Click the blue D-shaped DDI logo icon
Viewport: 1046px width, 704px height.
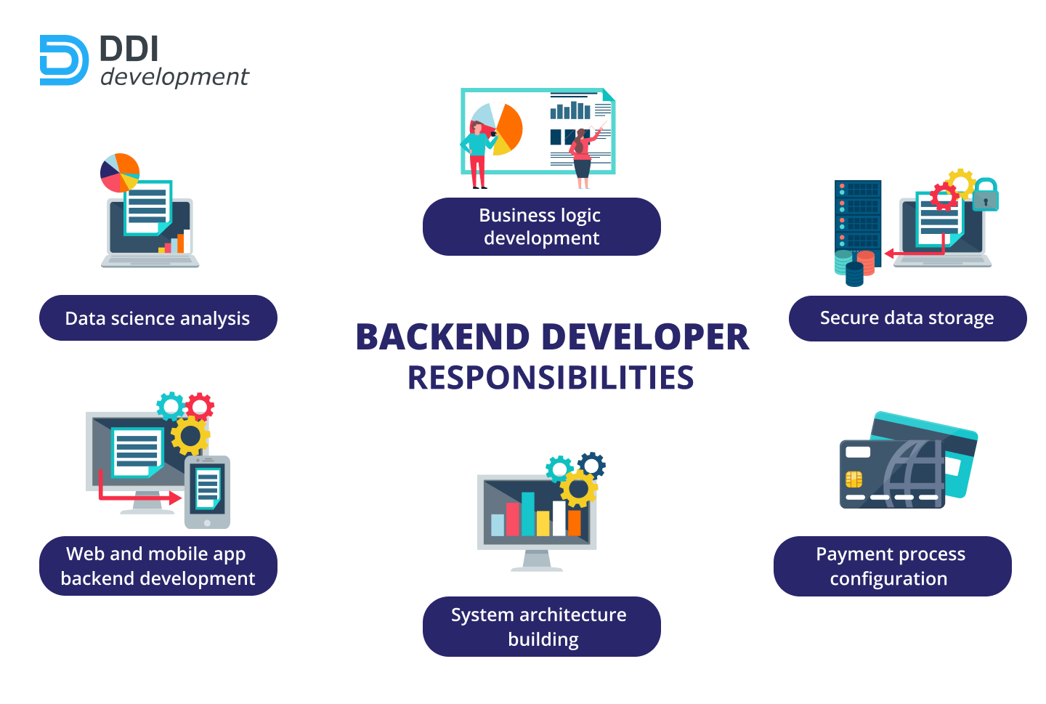tap(64, 60)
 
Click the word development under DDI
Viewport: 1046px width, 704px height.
tap(174, 77)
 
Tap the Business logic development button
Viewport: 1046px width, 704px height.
tap(541, 227)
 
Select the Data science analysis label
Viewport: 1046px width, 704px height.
tap(158, 318)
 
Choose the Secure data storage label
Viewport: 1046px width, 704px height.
tap(907, 318)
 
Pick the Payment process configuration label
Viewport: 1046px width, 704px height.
tap(891, 566)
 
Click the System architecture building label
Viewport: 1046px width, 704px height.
tap(541, 626)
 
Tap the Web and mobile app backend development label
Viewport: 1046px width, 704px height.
tap(158, 566)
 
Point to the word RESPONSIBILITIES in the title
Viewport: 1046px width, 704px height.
tap(551, 378)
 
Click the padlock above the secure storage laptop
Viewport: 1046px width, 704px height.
tap(985, 195)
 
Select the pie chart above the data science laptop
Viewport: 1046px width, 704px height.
tap(119, 172)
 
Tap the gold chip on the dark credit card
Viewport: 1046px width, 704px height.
tap(854, 479)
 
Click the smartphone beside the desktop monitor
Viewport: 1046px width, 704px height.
tap(207, 492)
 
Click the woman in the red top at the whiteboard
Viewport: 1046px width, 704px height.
tap(582, 156)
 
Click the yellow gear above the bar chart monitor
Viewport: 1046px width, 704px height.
tap(578, 489)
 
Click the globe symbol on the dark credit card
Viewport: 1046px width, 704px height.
tap(912, 472)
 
